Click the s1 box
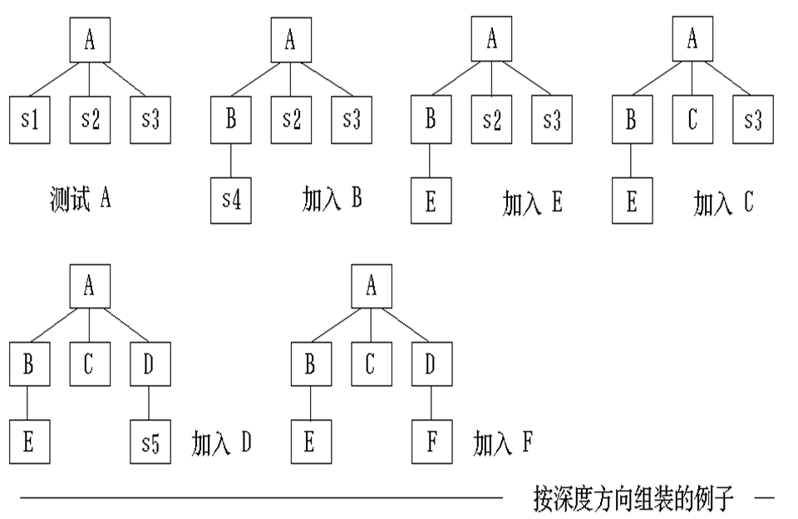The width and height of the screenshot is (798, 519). coord(31,120)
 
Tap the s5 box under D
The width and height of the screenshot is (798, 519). coord(150,443)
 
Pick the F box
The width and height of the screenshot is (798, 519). coord(431,443)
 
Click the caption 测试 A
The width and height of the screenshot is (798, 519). coord(80,200)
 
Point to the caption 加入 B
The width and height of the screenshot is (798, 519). coord(331,200)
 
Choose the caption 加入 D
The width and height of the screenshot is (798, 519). coord(221,443)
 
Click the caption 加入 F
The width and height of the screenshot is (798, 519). coord(503,443)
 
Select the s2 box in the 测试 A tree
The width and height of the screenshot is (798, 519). coord(91,120)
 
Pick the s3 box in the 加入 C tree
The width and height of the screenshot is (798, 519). coord(752,120)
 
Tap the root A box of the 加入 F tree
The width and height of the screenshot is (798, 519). coord(372,288)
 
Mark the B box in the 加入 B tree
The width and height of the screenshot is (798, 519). coord(231,120)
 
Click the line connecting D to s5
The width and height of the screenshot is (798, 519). coord(149,404)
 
